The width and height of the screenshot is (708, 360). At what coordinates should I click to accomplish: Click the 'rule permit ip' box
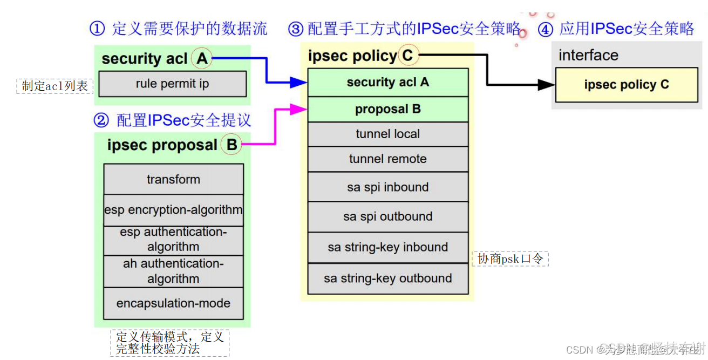(172, 84)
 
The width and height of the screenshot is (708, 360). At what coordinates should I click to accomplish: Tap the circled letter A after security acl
(202, 58)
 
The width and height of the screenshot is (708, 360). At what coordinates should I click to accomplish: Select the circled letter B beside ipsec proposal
(232, 145)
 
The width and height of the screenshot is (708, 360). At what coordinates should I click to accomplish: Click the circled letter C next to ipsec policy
(407, 55)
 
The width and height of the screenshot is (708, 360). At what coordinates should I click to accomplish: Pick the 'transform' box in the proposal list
(173, 179)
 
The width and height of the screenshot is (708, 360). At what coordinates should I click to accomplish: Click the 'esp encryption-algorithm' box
(173, 210)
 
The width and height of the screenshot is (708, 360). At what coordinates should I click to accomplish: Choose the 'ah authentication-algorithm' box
(173, 271)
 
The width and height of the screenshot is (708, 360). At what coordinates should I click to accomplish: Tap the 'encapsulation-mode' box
(173, 303)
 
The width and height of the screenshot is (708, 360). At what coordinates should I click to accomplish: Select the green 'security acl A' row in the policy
(387, 82)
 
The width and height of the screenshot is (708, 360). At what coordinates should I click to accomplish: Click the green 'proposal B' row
(387, 109)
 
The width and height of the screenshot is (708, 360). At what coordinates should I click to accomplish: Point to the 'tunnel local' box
(387, 134)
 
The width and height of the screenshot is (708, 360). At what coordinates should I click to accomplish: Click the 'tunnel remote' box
(387, 159)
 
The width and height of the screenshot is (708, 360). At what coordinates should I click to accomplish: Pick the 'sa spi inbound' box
(387, 187)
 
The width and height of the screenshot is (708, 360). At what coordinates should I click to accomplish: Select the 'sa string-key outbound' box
(387, 279)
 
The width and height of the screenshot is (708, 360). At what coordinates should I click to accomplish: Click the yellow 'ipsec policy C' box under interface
(626, 84)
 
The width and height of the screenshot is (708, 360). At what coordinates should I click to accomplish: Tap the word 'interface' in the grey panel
(588, 55)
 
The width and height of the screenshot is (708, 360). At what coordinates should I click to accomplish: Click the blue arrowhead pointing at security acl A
(298, 83)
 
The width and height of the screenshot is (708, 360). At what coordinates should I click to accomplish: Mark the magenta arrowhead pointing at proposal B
(298, 109)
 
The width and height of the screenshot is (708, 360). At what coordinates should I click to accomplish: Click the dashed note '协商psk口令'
(510, 259)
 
